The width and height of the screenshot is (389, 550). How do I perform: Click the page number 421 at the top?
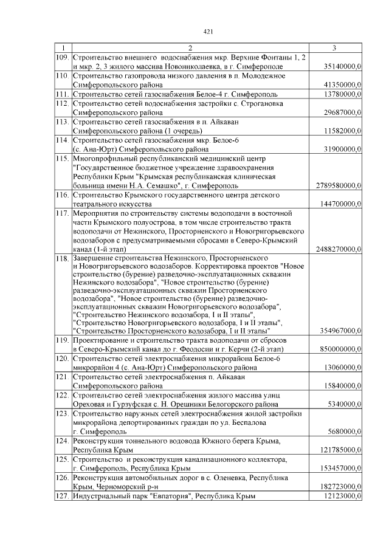point(207,32)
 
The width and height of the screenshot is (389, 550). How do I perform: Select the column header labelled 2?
point(190,47)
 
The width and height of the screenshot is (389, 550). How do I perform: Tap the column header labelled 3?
point(335,47)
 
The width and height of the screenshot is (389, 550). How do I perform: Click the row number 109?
point(61,57)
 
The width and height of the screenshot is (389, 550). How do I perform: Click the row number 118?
point(61,259)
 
